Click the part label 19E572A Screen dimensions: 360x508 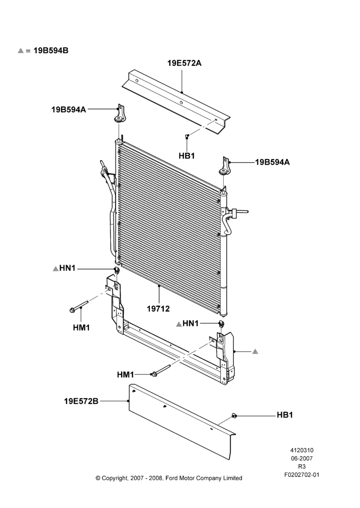(x=184, y=63)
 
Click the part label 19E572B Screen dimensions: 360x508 (x=81, y=401)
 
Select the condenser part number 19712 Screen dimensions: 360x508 (x=158, y=309)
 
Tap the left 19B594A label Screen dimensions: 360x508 (x=69, y=110)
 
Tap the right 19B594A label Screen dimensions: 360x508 (x=273, y=162)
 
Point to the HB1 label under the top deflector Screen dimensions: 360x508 (x=187, y=156)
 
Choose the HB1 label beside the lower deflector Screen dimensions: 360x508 (x=285, y=415)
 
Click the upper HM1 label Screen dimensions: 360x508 (x=81, y=328)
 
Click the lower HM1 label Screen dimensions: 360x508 (x=126, y=375)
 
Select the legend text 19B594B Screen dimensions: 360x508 (x=51, y=50)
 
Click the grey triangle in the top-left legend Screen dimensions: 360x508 (x=21, y=50)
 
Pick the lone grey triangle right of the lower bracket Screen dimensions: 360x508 (x=255, y=351)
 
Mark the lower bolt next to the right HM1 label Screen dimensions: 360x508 (x=161, y=371)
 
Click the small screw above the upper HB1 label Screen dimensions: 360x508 (x=187, y=136)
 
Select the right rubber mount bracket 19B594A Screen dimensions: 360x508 (x=224, y=166)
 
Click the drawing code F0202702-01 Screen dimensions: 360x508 (x=302, y=475)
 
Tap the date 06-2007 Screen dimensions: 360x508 (x=302, y=458)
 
